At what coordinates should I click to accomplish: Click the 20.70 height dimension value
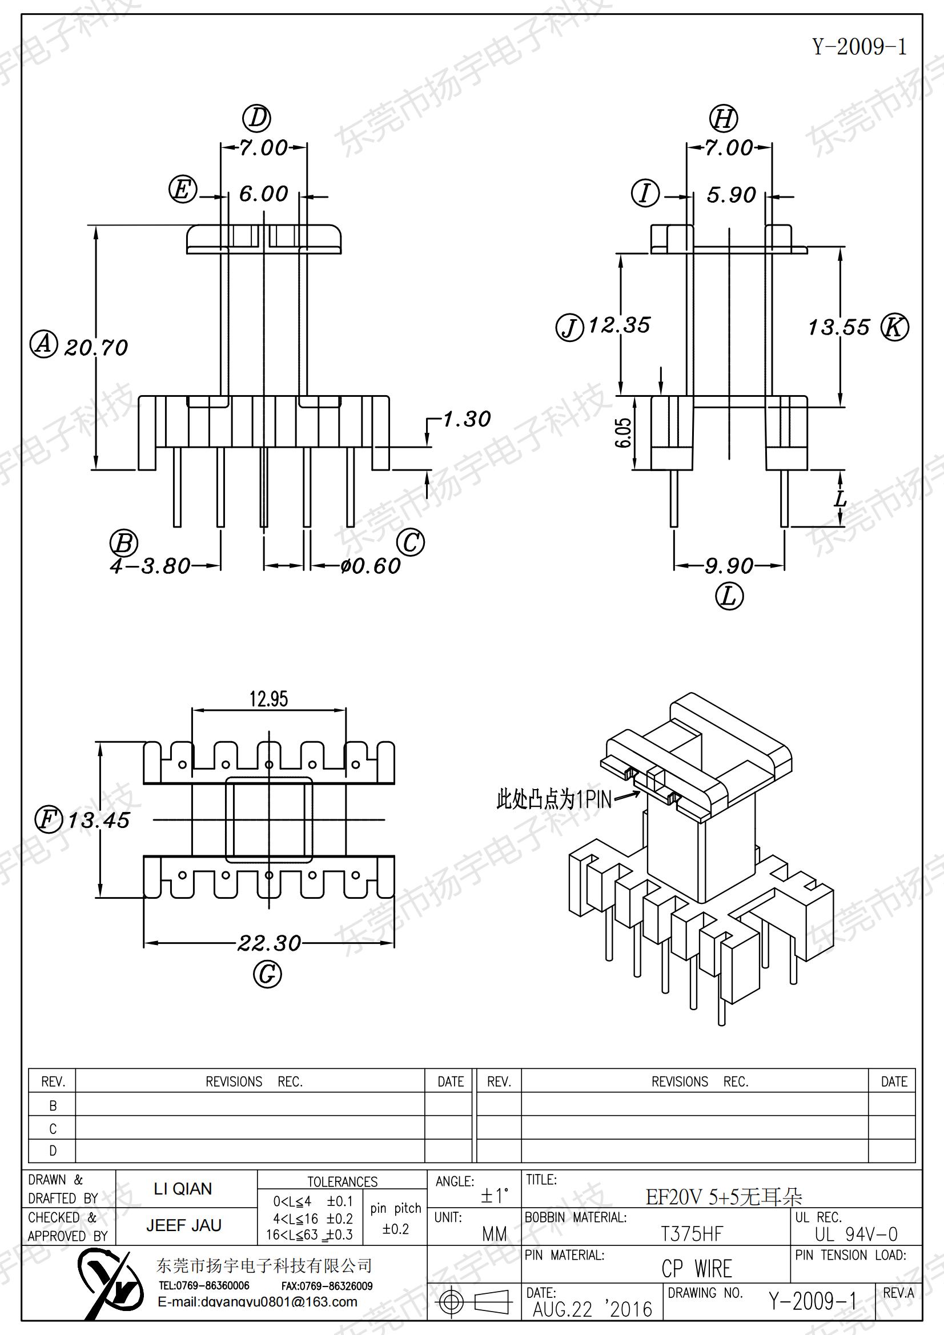(x=96, y=348)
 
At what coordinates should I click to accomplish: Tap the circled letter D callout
(x=256, y=118)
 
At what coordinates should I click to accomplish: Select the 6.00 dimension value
(x=263, y=194)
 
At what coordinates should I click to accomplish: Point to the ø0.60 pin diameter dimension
(x=371, y=566)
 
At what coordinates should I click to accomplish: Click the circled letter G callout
(x=268, y=974)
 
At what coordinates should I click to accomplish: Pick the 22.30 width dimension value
(x=270, y=943)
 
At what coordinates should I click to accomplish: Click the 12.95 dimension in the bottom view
(x=269, y=698)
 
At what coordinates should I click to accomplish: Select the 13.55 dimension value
(x=839, y=327)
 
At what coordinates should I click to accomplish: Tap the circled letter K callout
(x=894, y=327)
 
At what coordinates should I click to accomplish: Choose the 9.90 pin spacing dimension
(x=729, y=566)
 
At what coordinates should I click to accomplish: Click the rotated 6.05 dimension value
(x=623, y=433)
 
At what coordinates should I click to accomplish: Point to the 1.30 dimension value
(x=467, y=419)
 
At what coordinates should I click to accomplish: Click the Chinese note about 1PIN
(x=554, y=799)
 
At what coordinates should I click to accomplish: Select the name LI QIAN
(x=183, y=1189)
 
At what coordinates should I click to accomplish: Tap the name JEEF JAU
(x=184, y=1226)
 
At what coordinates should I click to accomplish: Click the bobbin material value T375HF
(x=692, y=1234)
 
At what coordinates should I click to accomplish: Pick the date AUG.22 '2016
(x=593, y=1309)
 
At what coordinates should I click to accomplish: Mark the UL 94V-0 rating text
(x=856, y=1234)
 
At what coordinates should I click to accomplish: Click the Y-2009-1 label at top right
(x=859, y=46)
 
